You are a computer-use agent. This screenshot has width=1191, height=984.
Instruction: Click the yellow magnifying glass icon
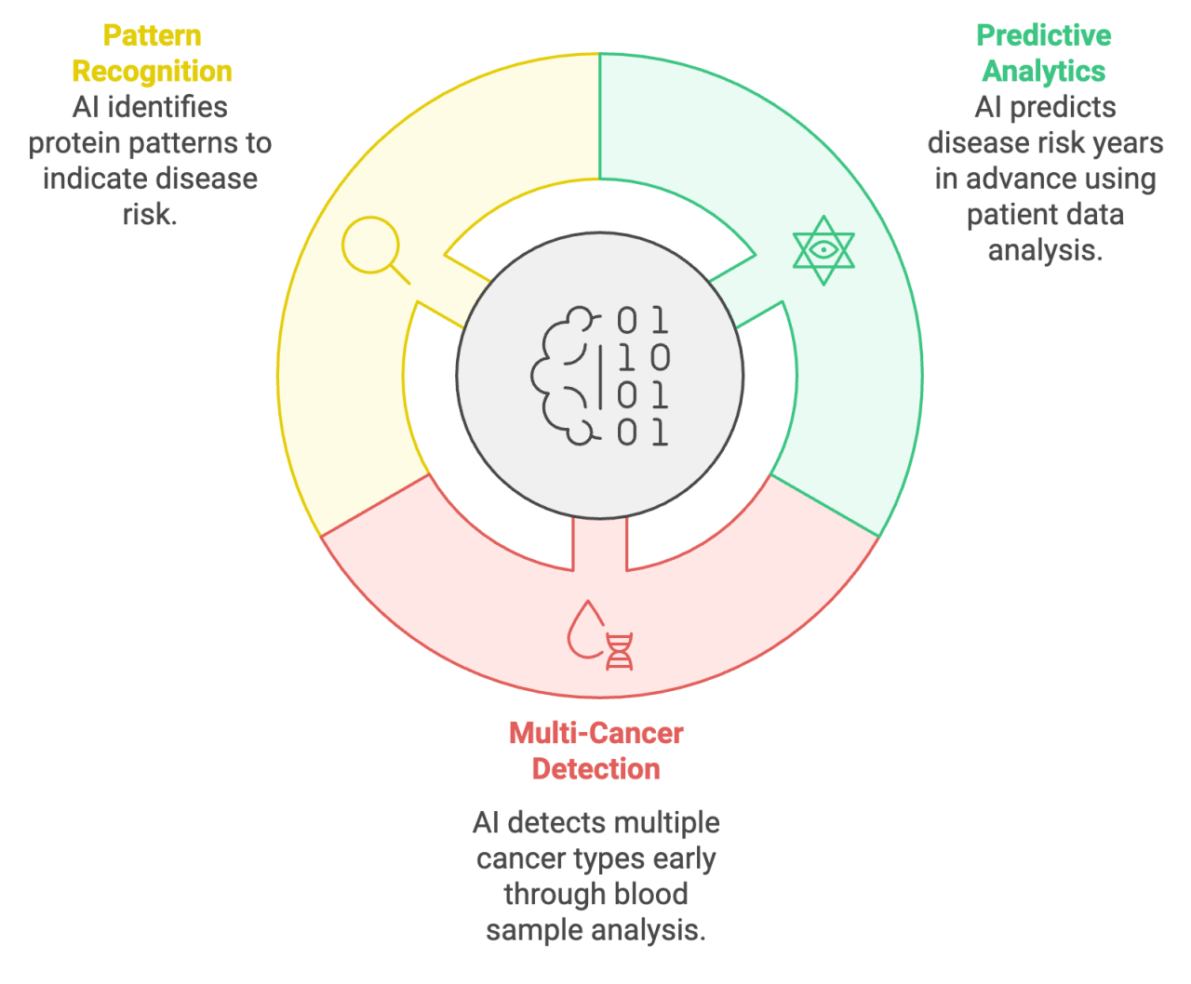372,246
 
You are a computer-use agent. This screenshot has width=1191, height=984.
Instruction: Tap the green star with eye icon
823,250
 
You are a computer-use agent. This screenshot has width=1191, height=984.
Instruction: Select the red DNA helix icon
620,651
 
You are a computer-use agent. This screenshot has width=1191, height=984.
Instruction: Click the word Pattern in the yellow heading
152,35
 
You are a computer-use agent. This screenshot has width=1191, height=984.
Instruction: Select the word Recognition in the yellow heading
152,71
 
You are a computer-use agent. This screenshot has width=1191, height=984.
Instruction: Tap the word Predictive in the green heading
1043,35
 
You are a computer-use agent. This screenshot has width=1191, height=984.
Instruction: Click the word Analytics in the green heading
1043,71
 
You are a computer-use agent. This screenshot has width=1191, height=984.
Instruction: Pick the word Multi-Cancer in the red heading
595,733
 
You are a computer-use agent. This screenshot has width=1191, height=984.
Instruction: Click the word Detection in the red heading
595,768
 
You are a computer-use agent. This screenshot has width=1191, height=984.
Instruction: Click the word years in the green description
1129,143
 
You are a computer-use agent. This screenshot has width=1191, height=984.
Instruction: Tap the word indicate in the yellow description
87,179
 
